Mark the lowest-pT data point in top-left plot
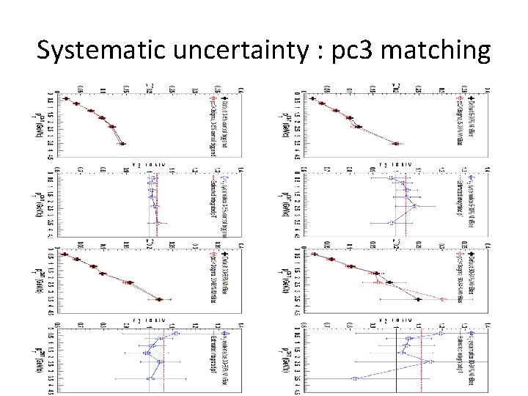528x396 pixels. (65, 99)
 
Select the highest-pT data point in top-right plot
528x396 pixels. (395, 144)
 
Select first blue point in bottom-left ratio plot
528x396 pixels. (175, 334)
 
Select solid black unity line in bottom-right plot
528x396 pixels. (397, 359)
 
